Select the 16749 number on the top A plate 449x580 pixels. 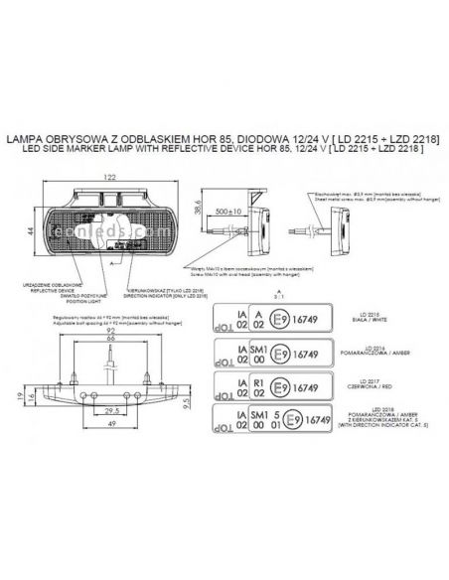tap(313, 319)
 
